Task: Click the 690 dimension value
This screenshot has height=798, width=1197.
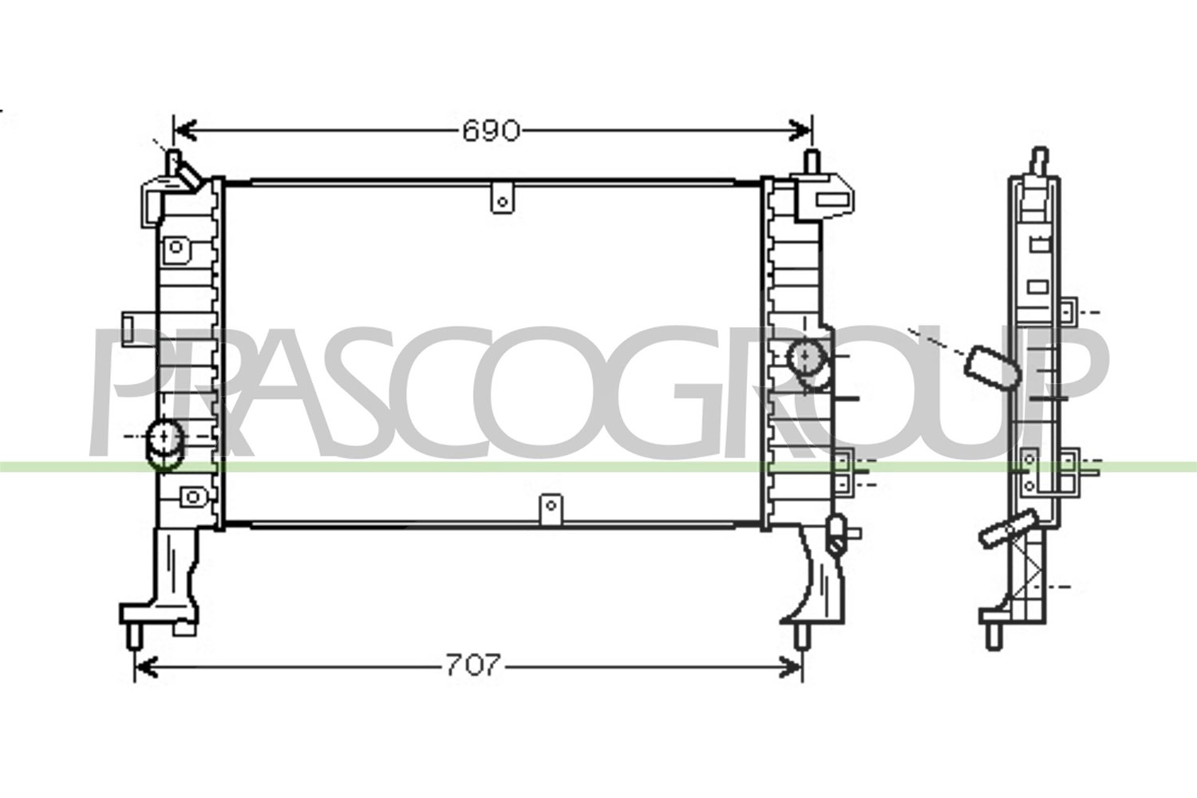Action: (x=491, y=131)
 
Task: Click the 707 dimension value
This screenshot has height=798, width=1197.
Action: (x=473, y=666)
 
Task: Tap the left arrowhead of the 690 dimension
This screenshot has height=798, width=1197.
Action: (x=185, y=131)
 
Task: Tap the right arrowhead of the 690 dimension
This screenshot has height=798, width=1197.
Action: (x=800, y=131)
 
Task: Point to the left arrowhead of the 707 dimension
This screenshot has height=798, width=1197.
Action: (x=146, y=668)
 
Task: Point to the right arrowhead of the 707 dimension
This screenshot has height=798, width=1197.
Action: (x=790, y=668)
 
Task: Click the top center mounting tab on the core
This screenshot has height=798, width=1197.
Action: (x=502, y=197)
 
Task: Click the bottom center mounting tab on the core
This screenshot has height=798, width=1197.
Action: (x=551, y=509)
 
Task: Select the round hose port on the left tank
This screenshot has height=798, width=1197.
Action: (x=164, y=444)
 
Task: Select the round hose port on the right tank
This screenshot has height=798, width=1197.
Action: (x=807, y=363)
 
